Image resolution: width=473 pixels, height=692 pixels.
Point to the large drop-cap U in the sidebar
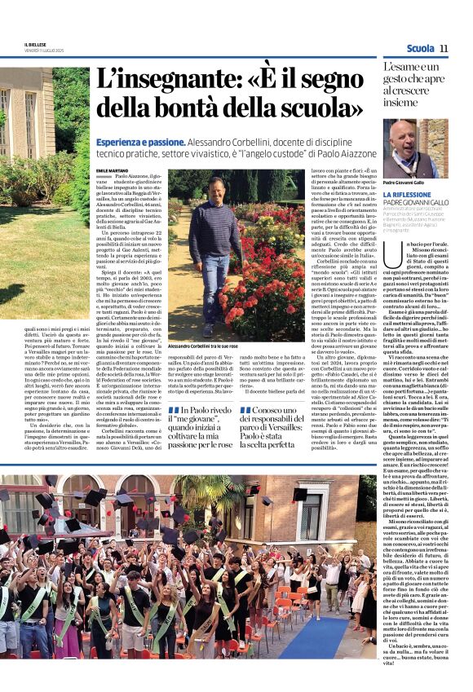390,248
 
